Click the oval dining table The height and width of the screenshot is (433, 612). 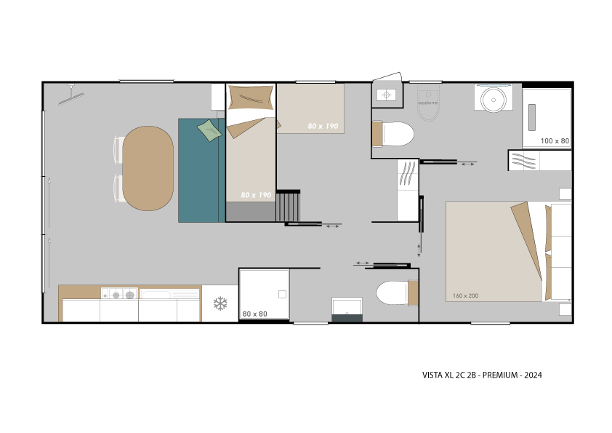(x=148, y=168)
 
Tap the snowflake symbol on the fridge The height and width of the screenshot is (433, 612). (x=220, y=303)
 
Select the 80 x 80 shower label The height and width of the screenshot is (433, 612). (x=255, y=314)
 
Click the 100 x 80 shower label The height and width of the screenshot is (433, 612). (x=555, y=140)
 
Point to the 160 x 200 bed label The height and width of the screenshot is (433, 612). (x=465, y=295)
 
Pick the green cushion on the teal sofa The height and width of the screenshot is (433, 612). (x=209, y=130)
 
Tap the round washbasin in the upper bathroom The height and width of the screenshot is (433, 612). (x=494, y=100)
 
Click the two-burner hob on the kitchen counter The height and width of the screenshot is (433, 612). (x=119, y=293)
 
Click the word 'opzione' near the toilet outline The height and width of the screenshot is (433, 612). (x=428, y=103)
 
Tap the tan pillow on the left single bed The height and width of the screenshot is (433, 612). (x=250, y=98)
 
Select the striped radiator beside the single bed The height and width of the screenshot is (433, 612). (x=288, y=206)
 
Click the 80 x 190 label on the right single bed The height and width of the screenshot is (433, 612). (x=323, y=126)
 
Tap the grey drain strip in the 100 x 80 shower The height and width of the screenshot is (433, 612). (x=531, y=117)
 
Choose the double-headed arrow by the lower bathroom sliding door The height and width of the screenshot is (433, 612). (x=362, y=263)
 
